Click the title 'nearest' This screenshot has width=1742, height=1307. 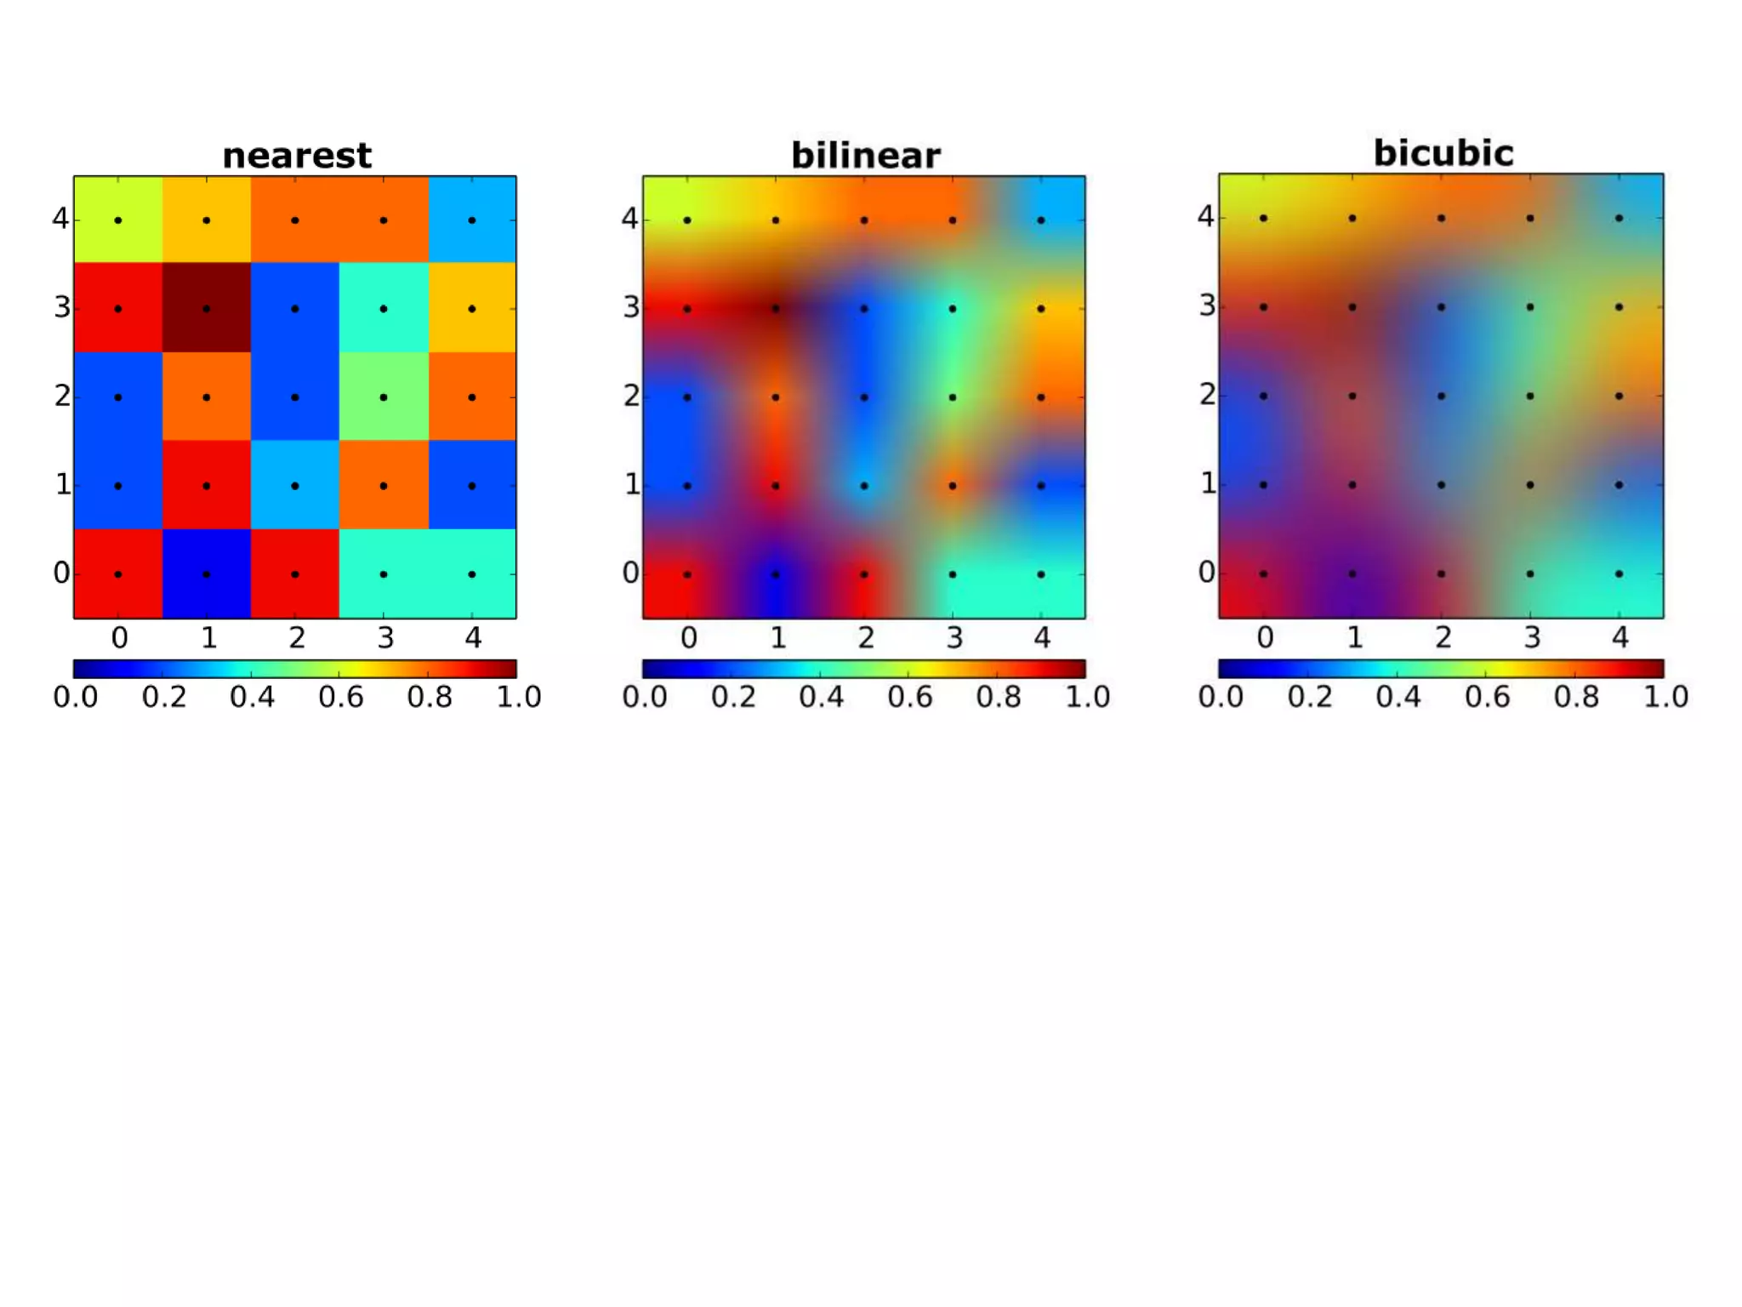point(296,156)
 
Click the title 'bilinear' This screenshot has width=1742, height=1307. point(865,156)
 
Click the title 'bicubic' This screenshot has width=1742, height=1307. point(1443,153)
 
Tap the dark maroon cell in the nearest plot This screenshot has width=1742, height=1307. point(207,307)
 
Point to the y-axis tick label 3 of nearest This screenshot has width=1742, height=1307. point(62,307)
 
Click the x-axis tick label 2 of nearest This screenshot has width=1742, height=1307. point(296,637)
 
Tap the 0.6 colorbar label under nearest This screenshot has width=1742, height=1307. point(340,697)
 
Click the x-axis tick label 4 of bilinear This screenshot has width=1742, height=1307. point(1042,637)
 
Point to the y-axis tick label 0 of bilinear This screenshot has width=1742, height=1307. point(630,574)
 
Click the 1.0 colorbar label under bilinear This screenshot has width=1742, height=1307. point(1087,697)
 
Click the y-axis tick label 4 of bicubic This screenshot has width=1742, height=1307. point(1205,217)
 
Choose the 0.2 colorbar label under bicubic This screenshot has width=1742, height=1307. point(1309,697)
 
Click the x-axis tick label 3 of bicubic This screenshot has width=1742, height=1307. point(1532,637)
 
